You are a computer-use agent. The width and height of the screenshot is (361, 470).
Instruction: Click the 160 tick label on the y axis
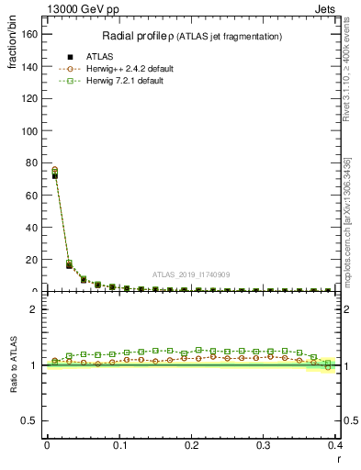31,34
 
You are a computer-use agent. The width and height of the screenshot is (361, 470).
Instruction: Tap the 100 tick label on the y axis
31,130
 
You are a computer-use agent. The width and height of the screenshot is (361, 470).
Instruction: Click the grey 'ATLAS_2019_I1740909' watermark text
191,274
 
